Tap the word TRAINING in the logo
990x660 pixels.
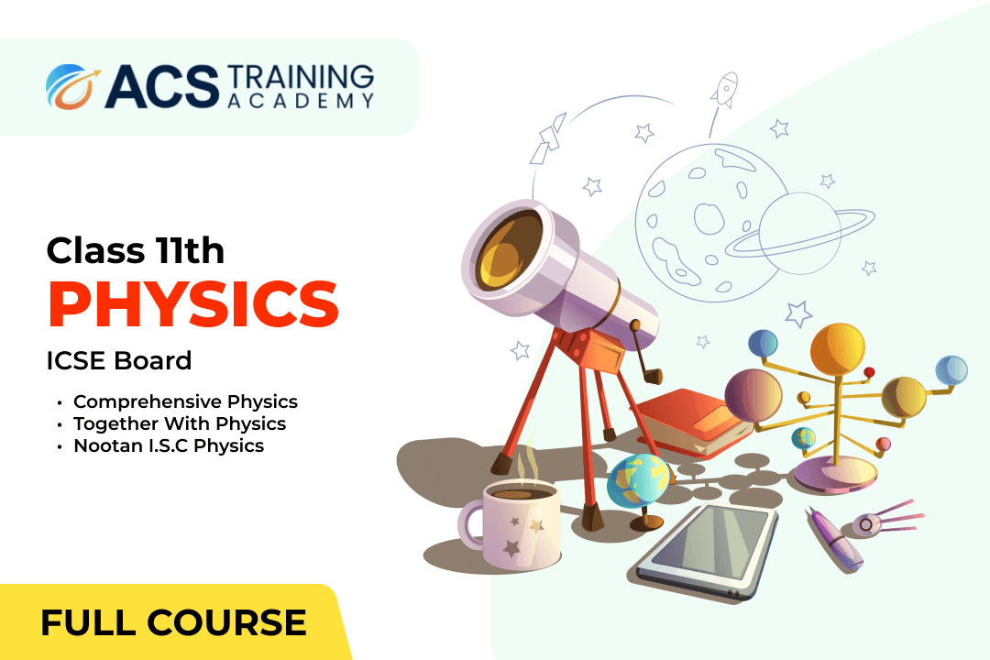(300, 78)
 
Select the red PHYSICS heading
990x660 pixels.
(193, 303)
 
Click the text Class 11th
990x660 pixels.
(135, 251)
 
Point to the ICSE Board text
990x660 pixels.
(118, 360)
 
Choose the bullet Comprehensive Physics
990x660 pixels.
(185, 401)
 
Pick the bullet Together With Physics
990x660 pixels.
(180, 423)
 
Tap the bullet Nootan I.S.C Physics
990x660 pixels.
(169, 445)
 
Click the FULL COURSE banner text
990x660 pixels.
(173, 622)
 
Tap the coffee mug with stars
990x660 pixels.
(511, 525)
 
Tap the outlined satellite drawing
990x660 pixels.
(548, 139)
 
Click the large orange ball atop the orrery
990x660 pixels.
(837, 350)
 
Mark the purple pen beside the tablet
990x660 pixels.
(835, 540)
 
